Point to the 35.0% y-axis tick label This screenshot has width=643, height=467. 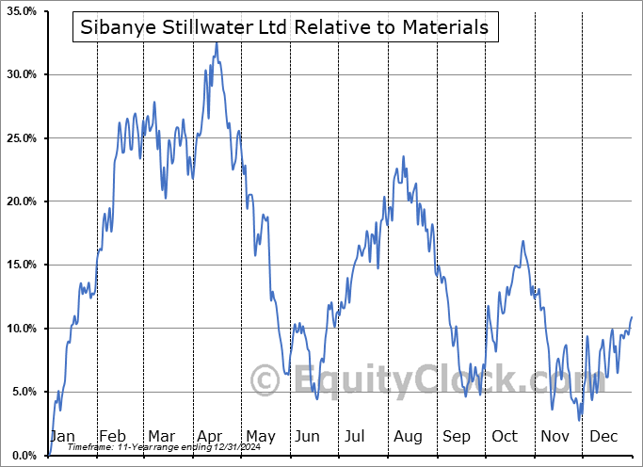(x=21, y=11)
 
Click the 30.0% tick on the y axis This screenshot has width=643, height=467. (x=21, y=74)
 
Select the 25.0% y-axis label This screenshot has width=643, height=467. (x=21, y=138)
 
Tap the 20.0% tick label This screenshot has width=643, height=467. (x=21, y=201)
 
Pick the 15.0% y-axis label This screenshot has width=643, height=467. (x=21, y=265)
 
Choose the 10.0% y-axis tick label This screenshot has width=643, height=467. (x=21, y=329)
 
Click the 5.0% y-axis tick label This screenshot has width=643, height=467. (x=24, y=392)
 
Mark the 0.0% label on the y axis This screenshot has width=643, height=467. (x=24, y=456)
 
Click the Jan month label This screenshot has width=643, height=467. (x=62, y=437)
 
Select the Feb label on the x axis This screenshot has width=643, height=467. (x=112, y=437)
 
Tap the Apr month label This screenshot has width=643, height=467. (x=209, y=437)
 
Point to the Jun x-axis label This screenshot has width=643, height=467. (x=306, y=437)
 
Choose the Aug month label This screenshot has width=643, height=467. (x=407, y=437)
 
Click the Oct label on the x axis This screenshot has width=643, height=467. (x=505, y=437)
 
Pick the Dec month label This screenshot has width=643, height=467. (x=603, y=437)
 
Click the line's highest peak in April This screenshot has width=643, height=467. (x=217, y=42)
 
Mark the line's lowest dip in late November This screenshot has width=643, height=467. (x=580, y=420)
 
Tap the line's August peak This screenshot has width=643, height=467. (x=404, y=156)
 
